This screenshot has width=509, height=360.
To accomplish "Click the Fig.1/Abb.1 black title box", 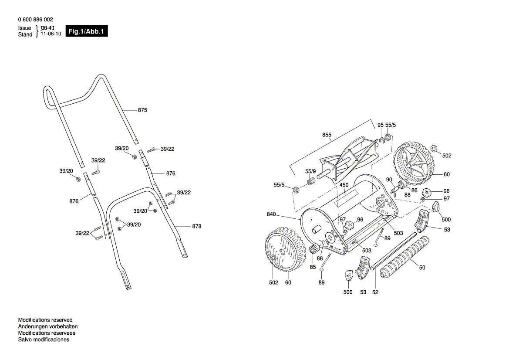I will (86, 32).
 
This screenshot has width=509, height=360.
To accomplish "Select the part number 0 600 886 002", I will (36, 20).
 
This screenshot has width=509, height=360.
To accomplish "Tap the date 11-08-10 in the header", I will (51, 34).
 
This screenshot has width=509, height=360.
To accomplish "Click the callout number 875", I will (142, 110).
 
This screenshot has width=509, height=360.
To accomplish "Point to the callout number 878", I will (196, 227).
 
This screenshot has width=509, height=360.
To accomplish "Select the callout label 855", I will (327, 135).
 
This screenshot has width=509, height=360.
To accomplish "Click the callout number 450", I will (344, 185).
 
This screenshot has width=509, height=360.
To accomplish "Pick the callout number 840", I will (271, 214).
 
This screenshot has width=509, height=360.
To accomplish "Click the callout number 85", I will (313, 267).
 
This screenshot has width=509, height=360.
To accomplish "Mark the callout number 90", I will (389, 180).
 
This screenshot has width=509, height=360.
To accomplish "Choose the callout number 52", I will (375, 292).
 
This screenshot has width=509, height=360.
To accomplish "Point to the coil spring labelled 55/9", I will (311, 181).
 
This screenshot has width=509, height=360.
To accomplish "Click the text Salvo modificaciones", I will (44, 340).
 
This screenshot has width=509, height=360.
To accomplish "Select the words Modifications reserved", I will (45, 320).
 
